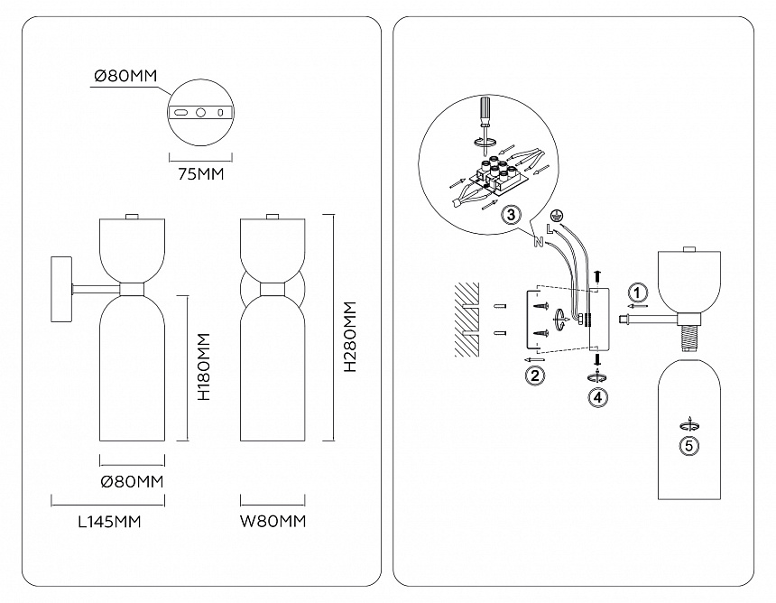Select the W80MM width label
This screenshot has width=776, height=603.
coord(273,521)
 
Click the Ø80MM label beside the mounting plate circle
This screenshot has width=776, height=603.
coord(125,78)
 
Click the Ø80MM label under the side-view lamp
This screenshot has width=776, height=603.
coord(132,481)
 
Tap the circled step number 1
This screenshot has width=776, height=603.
coord(638,292)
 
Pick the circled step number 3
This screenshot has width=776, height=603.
coord(511,215)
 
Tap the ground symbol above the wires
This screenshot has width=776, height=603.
coord(558,218)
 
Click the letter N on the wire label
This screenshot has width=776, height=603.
coord(538,242)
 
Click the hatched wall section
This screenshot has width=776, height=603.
coord(465,315)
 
